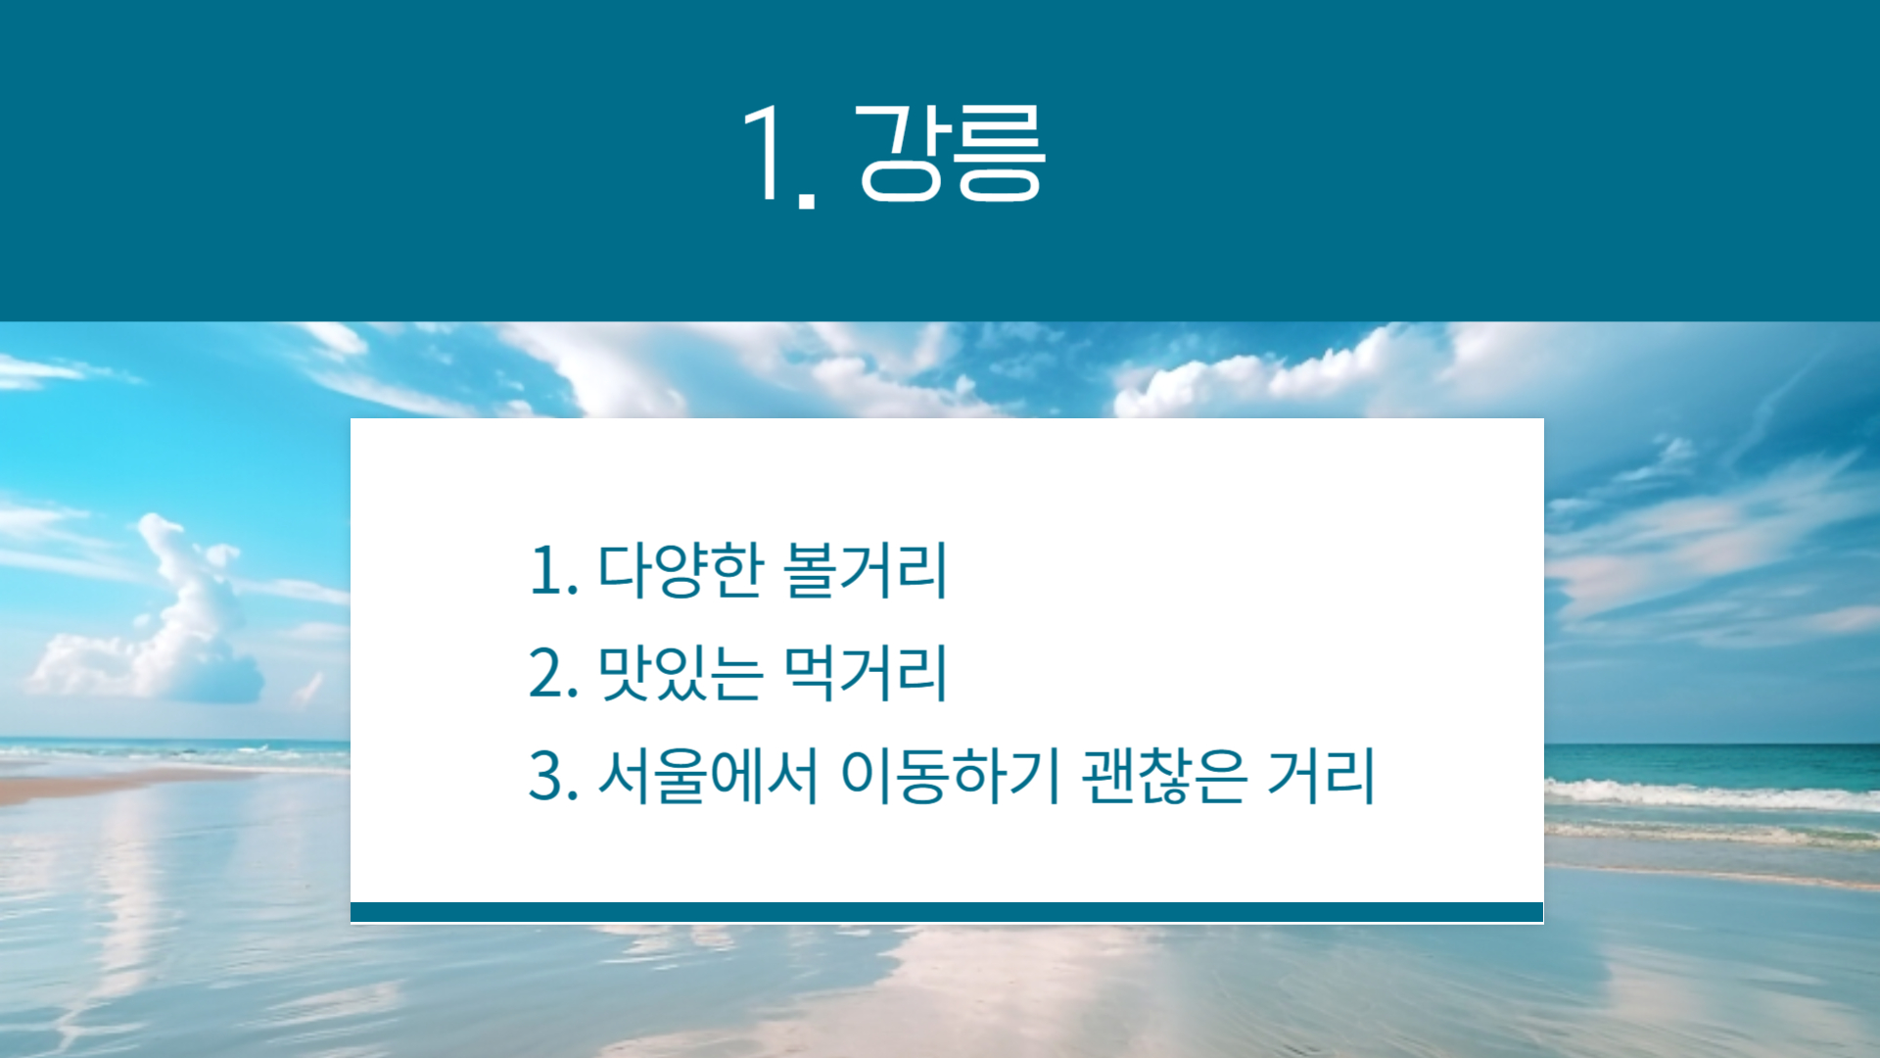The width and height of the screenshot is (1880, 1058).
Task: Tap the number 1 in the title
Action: tap(765, 153)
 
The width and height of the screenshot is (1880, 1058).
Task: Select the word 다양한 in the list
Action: tap(680, 570)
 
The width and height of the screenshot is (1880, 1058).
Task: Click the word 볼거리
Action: tap(866, 570)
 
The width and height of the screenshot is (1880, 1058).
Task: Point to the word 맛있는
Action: tap(680, 673)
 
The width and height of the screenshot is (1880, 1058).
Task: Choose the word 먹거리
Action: tap(866, 673)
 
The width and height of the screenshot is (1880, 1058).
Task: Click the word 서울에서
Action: tap(707, 776)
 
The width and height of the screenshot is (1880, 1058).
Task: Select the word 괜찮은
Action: tap(1165, 776)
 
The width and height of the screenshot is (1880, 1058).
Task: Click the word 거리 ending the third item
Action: tap(1322, 776)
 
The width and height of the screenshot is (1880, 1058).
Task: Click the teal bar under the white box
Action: tap(947, 912)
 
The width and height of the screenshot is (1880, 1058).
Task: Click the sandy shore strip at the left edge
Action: tap(98, 784)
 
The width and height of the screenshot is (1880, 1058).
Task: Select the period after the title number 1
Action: tap(807, 200)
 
